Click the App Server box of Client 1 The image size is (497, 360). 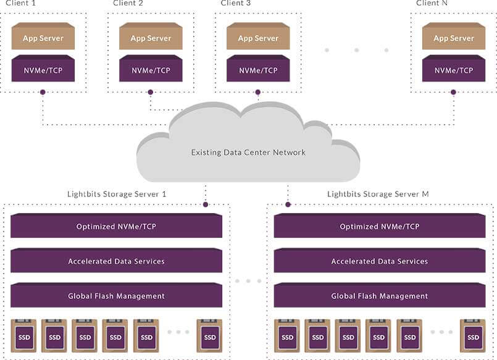(43, 38)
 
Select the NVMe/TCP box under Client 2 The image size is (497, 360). (151, 70)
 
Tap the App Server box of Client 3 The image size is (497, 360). (258, 38)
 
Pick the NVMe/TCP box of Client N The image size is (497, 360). (454, 70)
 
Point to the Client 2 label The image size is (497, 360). (128, 3)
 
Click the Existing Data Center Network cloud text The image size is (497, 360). (248, 152)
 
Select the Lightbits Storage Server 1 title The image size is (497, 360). (117, 194)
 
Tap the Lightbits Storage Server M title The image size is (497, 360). (378, 194)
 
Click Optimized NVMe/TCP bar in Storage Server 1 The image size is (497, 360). (116, 227)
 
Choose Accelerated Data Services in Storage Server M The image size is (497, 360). (380, 261)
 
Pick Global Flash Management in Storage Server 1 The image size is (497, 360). (116, 296)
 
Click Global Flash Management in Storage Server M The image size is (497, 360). (380, 296)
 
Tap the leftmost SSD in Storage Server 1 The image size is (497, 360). (24, 337)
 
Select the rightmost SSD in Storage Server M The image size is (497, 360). (473, 337)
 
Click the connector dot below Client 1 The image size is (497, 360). (43, 93)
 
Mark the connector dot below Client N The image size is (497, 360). (454, 93)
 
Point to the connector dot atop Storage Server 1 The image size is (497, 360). (206, 204)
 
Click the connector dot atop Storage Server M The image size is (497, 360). (288, 204)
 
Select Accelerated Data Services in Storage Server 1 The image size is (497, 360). (116, 261)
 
